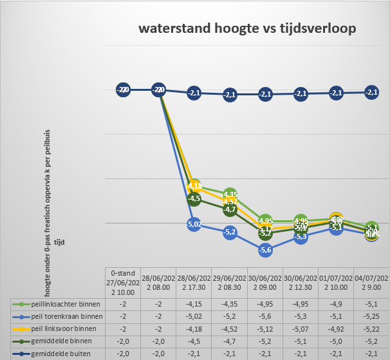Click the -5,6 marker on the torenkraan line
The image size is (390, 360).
(265, 249)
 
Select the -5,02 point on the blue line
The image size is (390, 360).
(194, 224)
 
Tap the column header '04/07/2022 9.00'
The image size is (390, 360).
(371, 282)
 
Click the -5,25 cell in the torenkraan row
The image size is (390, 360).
(371, 316)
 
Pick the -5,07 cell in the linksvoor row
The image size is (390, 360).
(301, 328)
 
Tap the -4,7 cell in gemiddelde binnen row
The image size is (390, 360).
(230, 340)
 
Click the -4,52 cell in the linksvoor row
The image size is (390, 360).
(230, 328)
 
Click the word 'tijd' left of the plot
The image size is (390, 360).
(59, 243)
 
